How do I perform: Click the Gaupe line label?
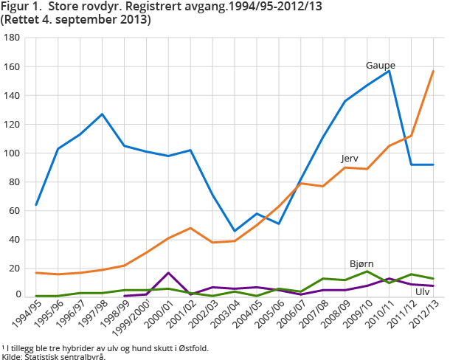[379, 66]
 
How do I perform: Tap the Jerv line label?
[350, 159]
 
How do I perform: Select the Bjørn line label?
[361, 263]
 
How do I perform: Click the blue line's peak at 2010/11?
[389, 70]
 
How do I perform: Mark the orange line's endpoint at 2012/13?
[433, 71]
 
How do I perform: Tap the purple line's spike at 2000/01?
[169, 273]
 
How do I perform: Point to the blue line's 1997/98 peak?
[103, 114]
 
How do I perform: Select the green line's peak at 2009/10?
[367, 271]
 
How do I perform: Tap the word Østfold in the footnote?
[194, 347]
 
